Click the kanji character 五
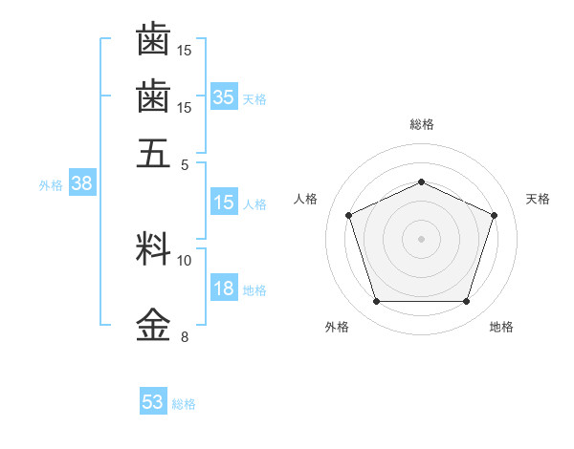click(x=153, y=153)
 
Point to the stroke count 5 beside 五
click(x=185, y=164)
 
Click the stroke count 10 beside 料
click(x=185, y=260)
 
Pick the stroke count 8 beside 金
click(x=185, y=336)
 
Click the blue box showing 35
click(x=224, y=96)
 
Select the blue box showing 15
click(x=224, y=203)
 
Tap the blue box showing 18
click(x=224, y=289)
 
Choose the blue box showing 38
click(x=81, y=184)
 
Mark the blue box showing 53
click(x=153, y=402)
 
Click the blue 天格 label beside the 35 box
click(x=254, y=98)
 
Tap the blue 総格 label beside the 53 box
click(x=184, y=404)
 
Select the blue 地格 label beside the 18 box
click(x=254, y=290)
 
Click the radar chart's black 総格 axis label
click(x=421, y=124)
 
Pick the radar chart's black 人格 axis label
click(x=306, y=199)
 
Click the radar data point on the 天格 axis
click(x=495, y=215)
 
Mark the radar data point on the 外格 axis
click(x=376, y=302)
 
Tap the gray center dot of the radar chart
click(x=421, y=238)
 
